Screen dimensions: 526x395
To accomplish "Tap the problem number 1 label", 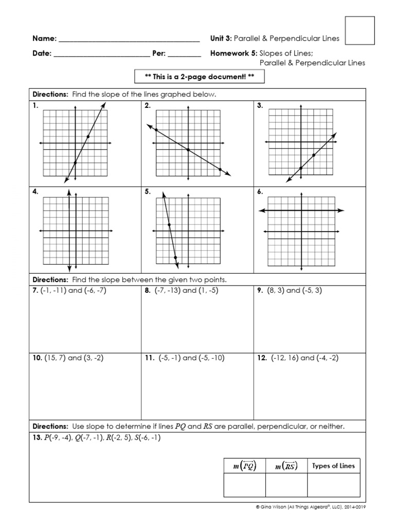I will pyautogui.click(x=35, y=106).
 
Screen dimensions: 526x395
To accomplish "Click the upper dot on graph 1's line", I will pyautogui.click(x=88, y=136).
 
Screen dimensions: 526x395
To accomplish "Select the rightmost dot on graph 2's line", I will pyautogui.click(x=220, y=170).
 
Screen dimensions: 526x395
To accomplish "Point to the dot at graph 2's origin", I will pyautogui.click(x=188, y=149).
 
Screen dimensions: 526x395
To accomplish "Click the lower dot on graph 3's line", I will pyautogui.click(x=300, y=168).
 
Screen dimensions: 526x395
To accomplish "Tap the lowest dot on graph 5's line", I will pyautogui.click(x=175, y=257).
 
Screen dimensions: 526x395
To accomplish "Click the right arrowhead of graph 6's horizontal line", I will pyautogui.click(x=342, y=211).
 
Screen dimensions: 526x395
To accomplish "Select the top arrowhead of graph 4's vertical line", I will pyautogui.click(x=69, y=191).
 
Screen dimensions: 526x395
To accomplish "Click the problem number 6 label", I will pyautogui.click(x=260, y=192).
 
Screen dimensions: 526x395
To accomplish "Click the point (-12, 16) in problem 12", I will pyautogui.click(x=288, y=358).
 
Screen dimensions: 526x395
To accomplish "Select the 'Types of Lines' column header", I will pyautogui.click(x=333, y=466).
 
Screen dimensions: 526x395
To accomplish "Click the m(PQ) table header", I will pyautogui.click(x=244, y=466).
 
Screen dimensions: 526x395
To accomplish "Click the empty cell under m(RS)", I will pyautogui.click(x=286, y=485).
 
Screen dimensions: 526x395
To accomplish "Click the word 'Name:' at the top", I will pyautogui.click(x=44, y=39).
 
